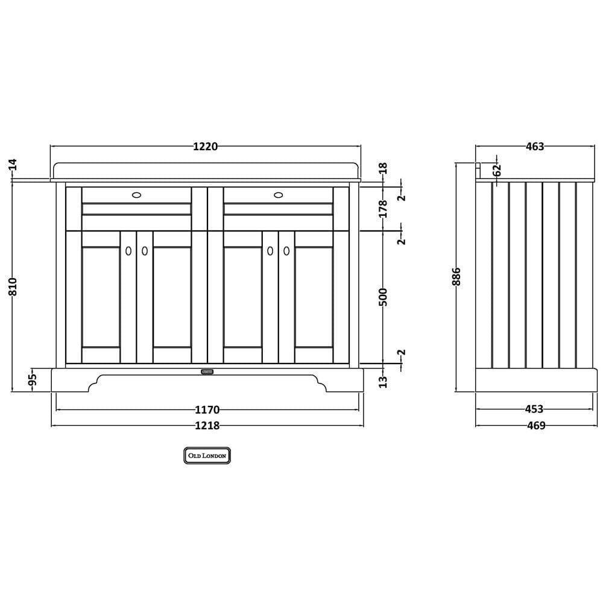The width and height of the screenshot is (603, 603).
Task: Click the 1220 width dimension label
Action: [x=206, y=147]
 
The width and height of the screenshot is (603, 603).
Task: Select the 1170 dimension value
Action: [x=207, y=409]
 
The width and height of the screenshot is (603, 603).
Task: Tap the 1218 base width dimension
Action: [x=207, y=425]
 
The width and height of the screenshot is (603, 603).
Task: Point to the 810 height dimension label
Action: [x=13, y=286]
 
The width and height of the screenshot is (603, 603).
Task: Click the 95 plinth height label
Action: [x=33, y=379]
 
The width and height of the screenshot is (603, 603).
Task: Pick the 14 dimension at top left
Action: [x=13, y=164]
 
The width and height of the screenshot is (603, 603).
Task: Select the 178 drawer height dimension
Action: [x=383, y=209]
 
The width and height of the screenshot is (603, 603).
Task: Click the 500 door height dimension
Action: [x=383, y=297]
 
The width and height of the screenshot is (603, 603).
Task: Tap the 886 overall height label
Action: [x=456, y=277]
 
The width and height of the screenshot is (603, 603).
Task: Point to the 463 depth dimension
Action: [x=535, y=147]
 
